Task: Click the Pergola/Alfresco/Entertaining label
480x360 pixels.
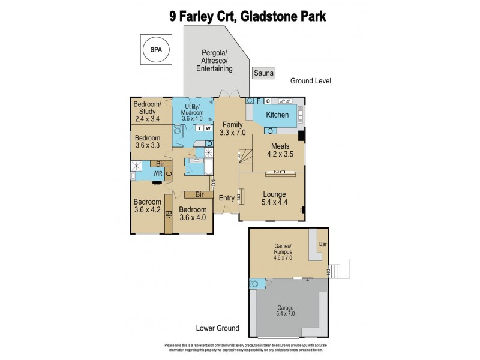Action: pos(214,61)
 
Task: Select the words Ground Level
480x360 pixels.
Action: pos(310,81)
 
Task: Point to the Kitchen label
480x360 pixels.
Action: pos(277,115)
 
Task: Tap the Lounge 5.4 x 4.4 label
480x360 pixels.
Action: pos(273,199)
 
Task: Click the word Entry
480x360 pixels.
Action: pos(227,198)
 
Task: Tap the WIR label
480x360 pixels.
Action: pos(158,174)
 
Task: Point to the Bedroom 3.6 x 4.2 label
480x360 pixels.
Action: pos(147,206)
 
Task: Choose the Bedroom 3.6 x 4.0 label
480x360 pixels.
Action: pos(193,214)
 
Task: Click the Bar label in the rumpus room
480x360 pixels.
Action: pos(323,244)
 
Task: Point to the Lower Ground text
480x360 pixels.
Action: pos(218,328)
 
